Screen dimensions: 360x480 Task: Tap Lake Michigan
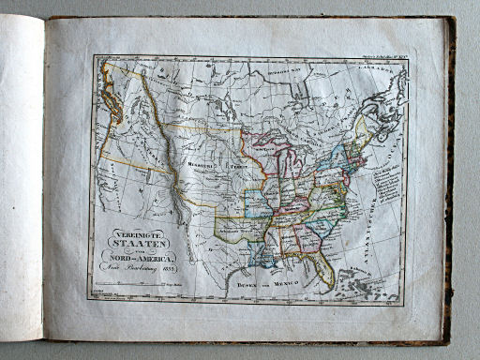click(x=284, y=167)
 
